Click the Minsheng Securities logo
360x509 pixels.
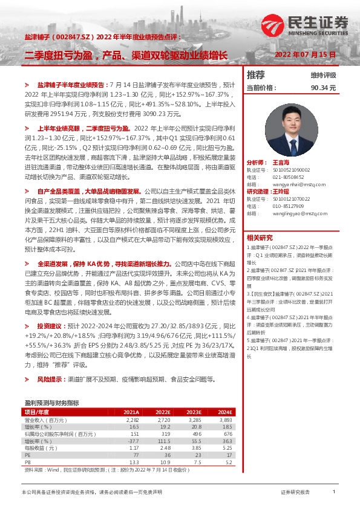306,24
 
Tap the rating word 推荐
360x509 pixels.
256,75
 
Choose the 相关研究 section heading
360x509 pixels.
260,237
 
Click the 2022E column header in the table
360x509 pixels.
162,412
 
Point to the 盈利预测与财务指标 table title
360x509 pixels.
51,402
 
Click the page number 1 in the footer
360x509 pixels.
334,493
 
